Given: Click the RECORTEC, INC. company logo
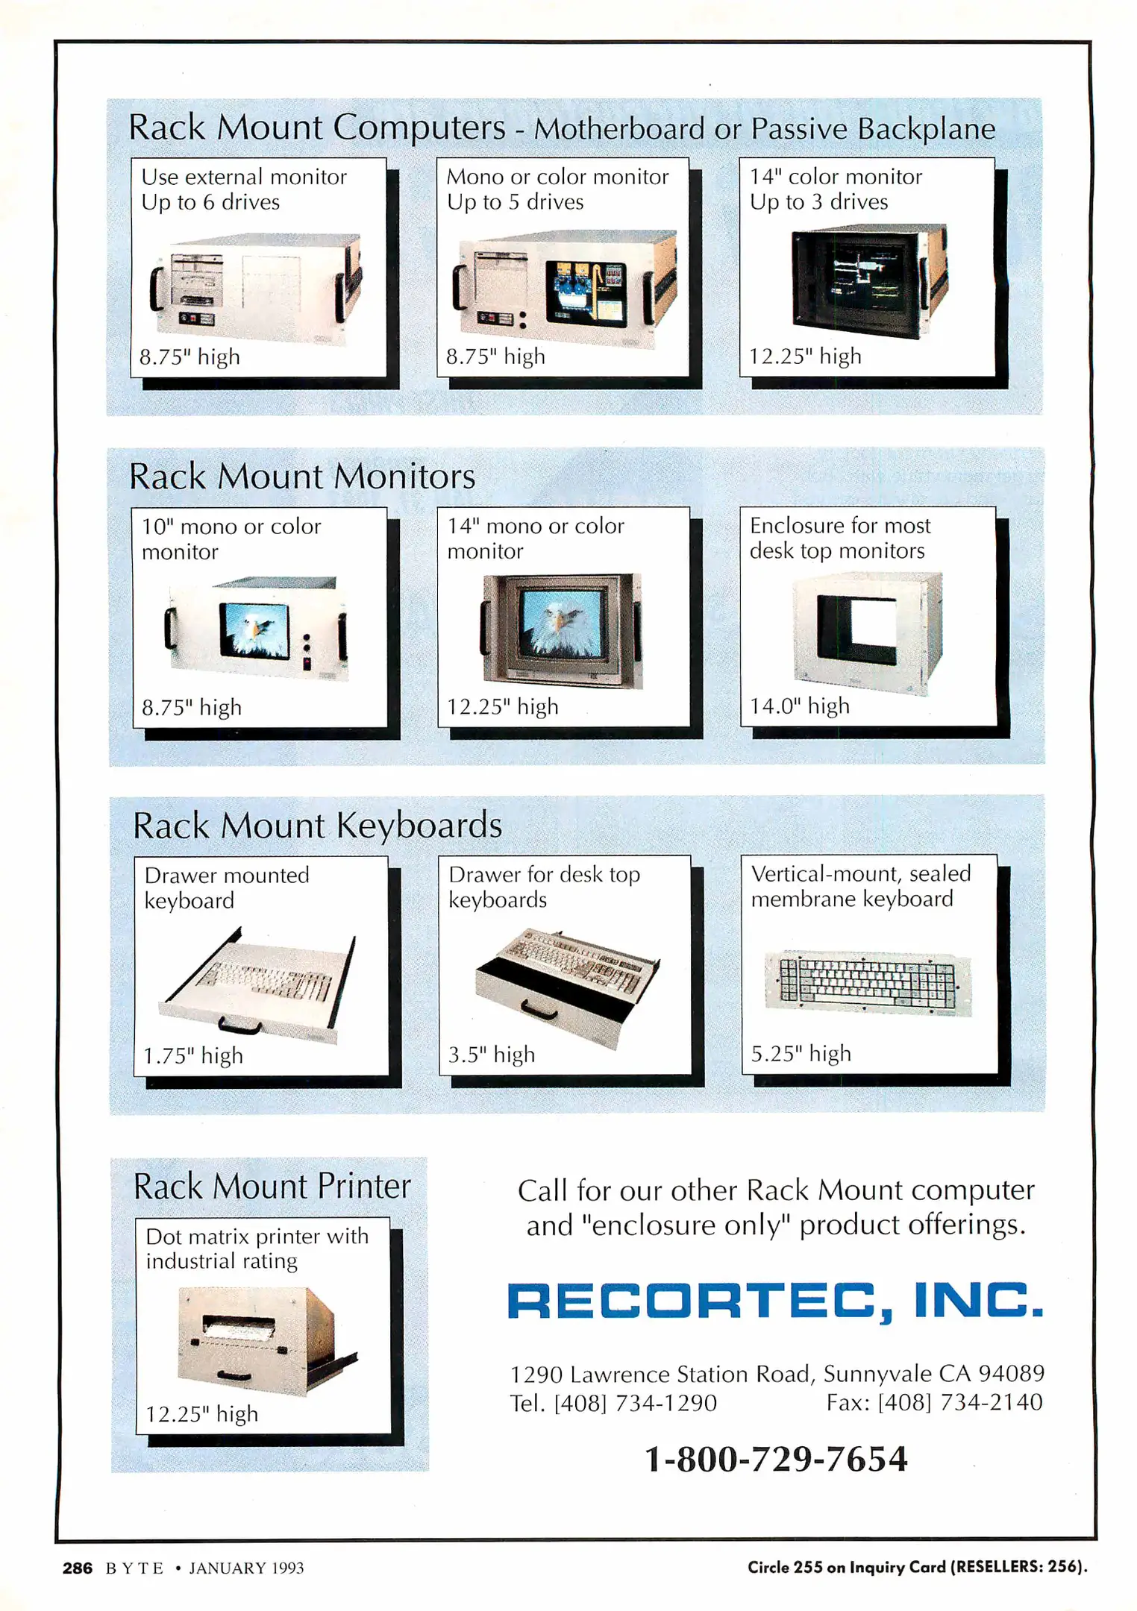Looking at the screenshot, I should coord(775,1301).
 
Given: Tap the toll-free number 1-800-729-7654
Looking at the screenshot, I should coord(776,1459).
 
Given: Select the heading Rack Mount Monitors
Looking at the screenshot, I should coord(302,477).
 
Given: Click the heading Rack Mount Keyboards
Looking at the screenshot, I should coord(317,826).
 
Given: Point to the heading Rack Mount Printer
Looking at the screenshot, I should coord(272,1187).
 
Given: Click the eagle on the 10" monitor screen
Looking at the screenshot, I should coord(254,629).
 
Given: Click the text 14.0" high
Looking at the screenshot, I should coord(800,706).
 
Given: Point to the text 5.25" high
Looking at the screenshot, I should coord(801,1054).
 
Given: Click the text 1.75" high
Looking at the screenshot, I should coord(193,1056).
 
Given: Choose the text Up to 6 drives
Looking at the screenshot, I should coord(210,202).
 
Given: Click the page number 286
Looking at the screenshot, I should coord(78,1568).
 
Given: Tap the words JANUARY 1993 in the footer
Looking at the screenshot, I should coord(246,1568).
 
